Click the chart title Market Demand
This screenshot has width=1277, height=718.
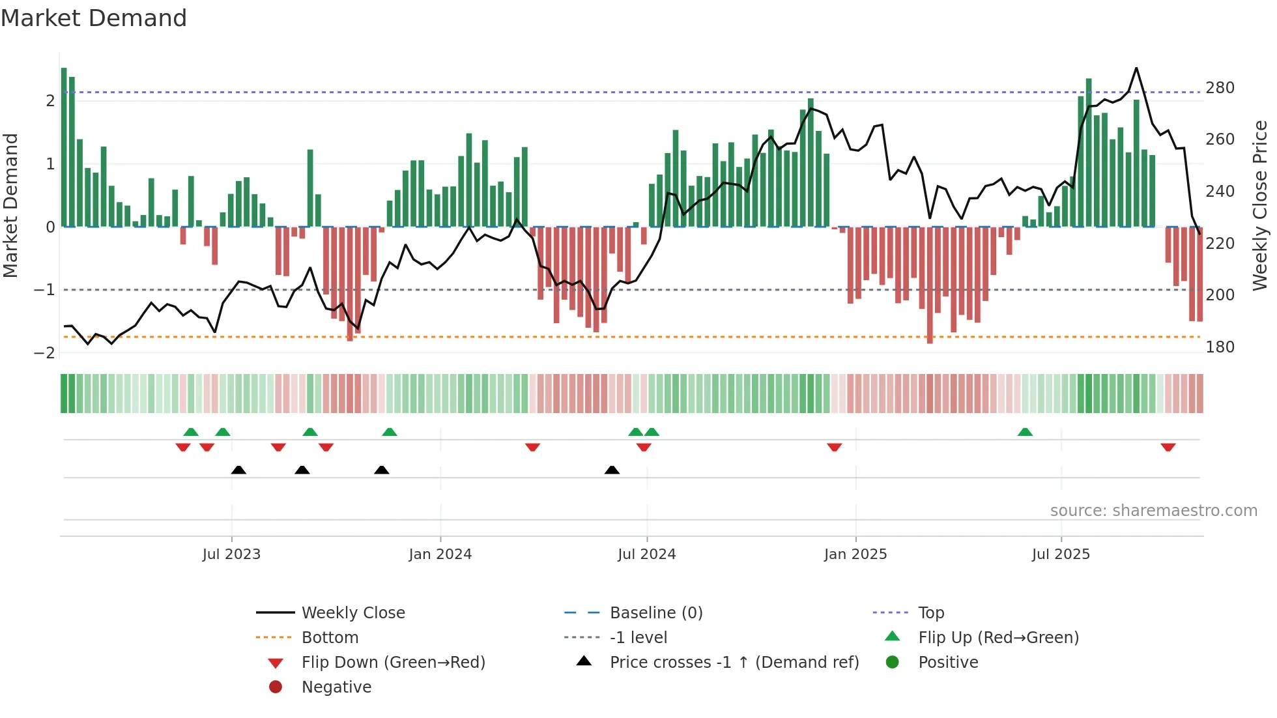(x=94, y=18)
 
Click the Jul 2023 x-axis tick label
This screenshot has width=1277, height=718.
(x=231, y=554)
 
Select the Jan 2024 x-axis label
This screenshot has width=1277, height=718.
(x=440, y=554)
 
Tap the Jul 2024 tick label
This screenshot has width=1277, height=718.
(x=646, y=554)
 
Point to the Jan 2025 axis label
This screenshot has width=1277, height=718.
(x=855, y=554)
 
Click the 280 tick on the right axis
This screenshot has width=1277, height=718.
(x=1220, y=87)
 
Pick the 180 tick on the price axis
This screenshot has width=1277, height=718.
(x=1220, y=347)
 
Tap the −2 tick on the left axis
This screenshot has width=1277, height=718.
(x=44, y=352)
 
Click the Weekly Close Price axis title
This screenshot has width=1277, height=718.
(x=1260, y=205)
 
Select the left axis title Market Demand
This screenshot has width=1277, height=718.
(x=10, y=205)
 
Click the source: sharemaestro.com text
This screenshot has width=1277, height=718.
(x=1153, y=510)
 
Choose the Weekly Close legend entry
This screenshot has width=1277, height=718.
(x=352, y=612)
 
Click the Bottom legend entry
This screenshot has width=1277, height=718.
(x=330, y=637)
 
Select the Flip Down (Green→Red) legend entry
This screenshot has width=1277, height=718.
(x=393, y=662)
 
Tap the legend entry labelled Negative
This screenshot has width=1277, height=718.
(x=336, y=687)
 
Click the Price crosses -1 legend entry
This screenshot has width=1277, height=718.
(x=734, y=662)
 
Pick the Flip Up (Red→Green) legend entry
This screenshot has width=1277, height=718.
(x=998, y=637)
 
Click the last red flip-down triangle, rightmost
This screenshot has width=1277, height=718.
(x=1168, y=447)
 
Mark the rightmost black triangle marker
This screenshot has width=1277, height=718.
(x=612, y=470)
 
